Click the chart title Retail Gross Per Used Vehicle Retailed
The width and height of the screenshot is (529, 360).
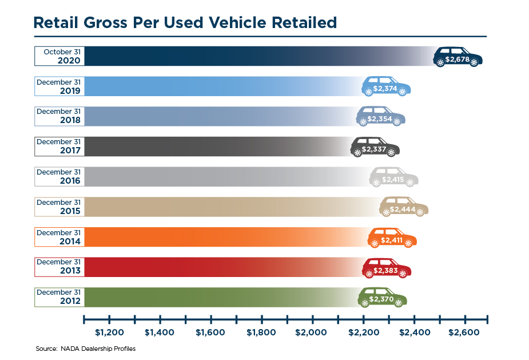(185, 22)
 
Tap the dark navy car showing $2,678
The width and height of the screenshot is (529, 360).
(458, 58)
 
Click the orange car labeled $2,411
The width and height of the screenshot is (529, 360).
(392, 238)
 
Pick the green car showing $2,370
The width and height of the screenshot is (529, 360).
(381, 298)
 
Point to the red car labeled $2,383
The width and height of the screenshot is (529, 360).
(387, 268)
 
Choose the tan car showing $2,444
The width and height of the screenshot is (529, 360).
(403, 208)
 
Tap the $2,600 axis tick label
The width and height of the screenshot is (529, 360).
(464, 333)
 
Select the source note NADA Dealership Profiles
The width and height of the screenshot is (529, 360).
(85, 348)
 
